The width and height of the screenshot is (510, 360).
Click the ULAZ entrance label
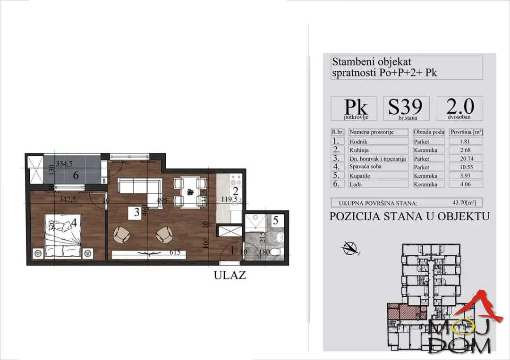coord(230,276)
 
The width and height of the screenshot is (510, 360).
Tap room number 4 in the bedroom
coord(74,222)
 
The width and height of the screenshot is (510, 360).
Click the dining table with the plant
coord(190,192)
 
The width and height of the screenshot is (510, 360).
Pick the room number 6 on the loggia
coord(75,176)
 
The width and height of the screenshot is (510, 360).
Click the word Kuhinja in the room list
coord(360,150)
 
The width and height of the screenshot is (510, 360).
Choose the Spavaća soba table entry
coord(365,167)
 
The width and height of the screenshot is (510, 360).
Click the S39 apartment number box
coord(406,109)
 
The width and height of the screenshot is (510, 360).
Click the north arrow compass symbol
coord(350,247)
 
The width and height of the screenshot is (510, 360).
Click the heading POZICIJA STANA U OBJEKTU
coord(409,217)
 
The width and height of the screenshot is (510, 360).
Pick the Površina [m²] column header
coord(466,133)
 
